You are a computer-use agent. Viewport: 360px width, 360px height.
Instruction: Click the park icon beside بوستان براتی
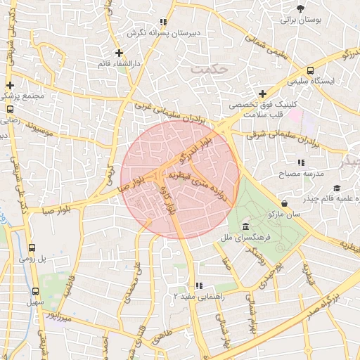(x=301, y=8)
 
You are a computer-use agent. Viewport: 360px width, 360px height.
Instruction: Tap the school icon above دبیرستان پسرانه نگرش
(x=163, y=22)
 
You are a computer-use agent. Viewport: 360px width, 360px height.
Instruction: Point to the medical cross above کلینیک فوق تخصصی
(x=262, y=94)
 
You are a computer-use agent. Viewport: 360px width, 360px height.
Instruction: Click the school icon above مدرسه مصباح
(x=301, y=162)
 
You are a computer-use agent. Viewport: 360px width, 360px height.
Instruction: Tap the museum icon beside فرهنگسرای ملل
(x=245, y=226)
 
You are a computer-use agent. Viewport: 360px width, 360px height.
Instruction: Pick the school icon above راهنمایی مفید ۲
(x=199, y=285)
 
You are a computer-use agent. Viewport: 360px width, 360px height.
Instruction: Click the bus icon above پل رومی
(x=32, y=247)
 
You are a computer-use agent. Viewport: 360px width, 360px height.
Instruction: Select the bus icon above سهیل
(x=36, y=291)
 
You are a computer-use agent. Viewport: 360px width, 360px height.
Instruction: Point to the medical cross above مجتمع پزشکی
(x=10, y=82)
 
